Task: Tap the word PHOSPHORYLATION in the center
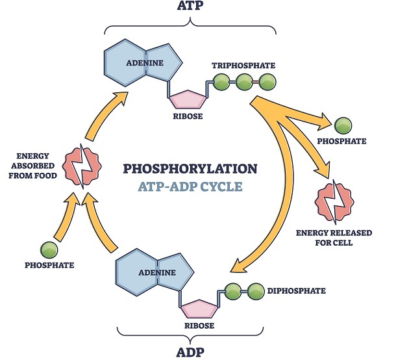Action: pyautogui.click(x=190, y=168)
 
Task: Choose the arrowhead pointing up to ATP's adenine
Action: pyautogui.click(x=119, y=99)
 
